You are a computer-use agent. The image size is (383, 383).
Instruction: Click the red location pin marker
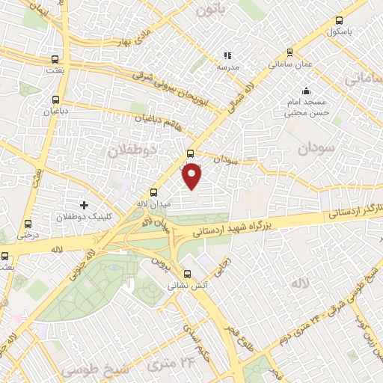[192, 175]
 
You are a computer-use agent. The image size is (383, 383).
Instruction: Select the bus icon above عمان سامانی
[289, 52]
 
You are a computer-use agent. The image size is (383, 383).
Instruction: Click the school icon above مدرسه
[227, 55]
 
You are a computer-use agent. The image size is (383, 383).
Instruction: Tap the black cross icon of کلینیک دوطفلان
[84, 204]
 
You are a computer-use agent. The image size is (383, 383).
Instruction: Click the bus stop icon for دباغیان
[55, 99]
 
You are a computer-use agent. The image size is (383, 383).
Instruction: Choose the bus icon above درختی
[28, 224]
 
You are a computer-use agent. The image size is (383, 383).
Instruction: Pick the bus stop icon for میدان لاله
[154, 191]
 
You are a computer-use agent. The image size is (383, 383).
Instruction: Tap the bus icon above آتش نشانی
[188, 273]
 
